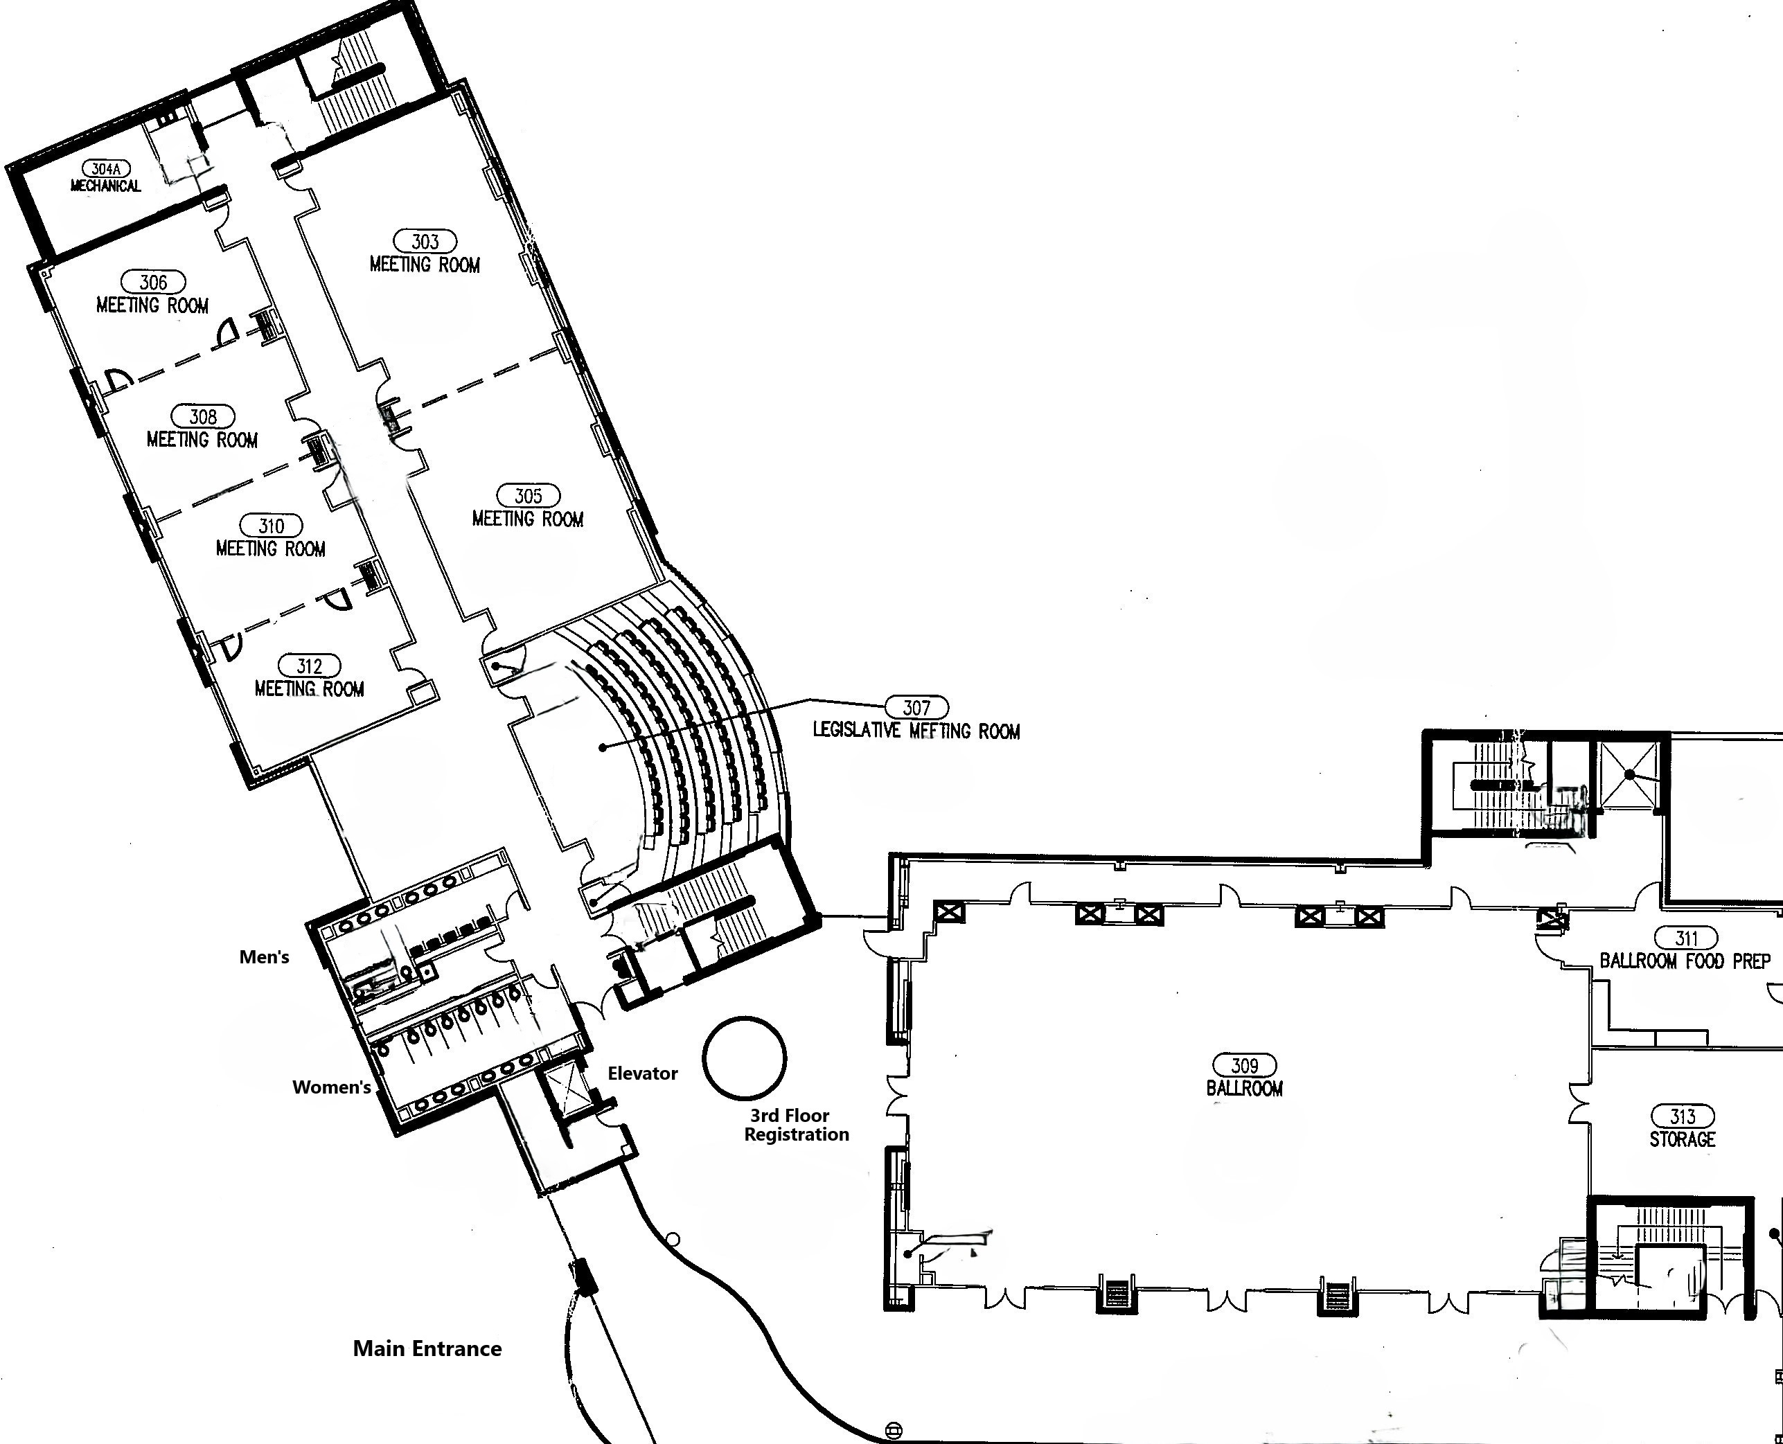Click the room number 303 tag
(x=425, y=241)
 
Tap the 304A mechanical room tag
(x=107, y=169)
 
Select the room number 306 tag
(x=153, y=282)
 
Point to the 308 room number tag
(x=203, y=416)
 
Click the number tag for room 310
(x=272, y=526)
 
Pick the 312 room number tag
(x=309, y=666)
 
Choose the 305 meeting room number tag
(x=529, y=496)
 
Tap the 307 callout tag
(x=916, y=707)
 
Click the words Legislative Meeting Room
(x=916, y=731)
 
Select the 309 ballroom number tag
(x=1245, y=1064)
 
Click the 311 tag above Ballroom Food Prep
(x=1685, y=938)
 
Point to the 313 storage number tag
(x=1683, y=1116)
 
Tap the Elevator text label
(x=642, y=1073)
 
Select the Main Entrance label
(x=427, y=1348)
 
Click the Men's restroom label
(x=264, y=956)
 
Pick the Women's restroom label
(x=331, y=1087)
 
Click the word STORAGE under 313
(x=1683, y=1139)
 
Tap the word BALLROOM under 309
(x=1245, y=1088)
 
